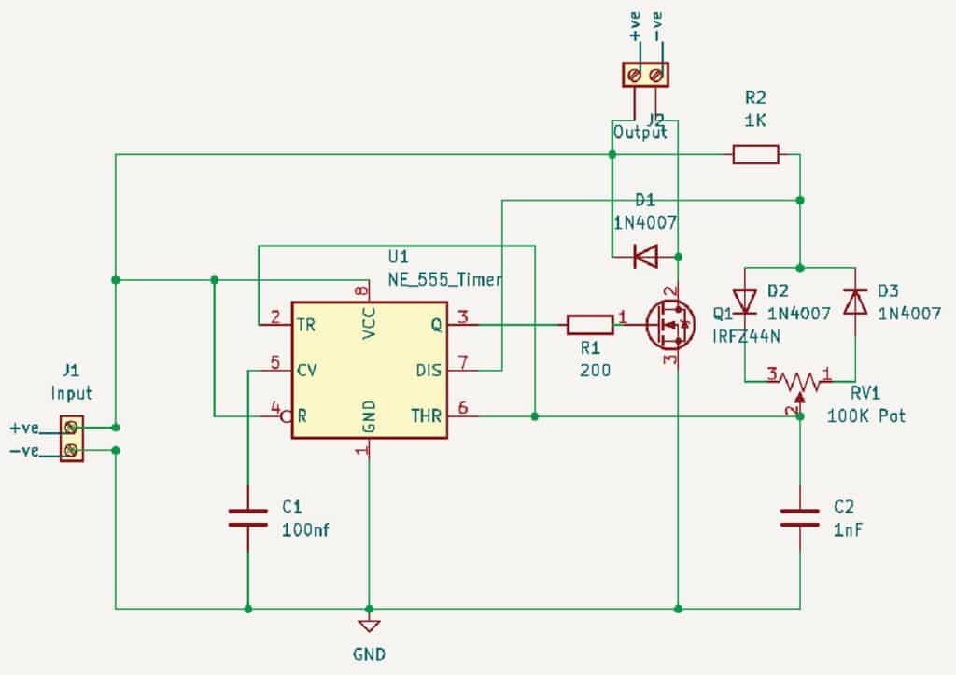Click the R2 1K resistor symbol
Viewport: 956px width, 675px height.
(x=755, y=154)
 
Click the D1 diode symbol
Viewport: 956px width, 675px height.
(x=645, y=256)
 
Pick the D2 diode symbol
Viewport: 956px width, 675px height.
(x=745, y=302)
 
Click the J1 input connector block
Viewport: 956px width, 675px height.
(x=70, y=440)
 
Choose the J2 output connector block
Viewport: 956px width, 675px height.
(x=646, y=74)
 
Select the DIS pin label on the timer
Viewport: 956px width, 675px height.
(x=429, y=370)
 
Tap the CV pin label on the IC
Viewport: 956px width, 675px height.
(x=306, y=370)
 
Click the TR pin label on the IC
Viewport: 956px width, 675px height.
(x=305, y=325)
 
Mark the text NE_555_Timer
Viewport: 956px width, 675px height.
(x=445, y=279)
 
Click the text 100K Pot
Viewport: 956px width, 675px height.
(x=865, y=415)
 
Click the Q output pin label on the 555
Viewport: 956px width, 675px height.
(x=435, y=325)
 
